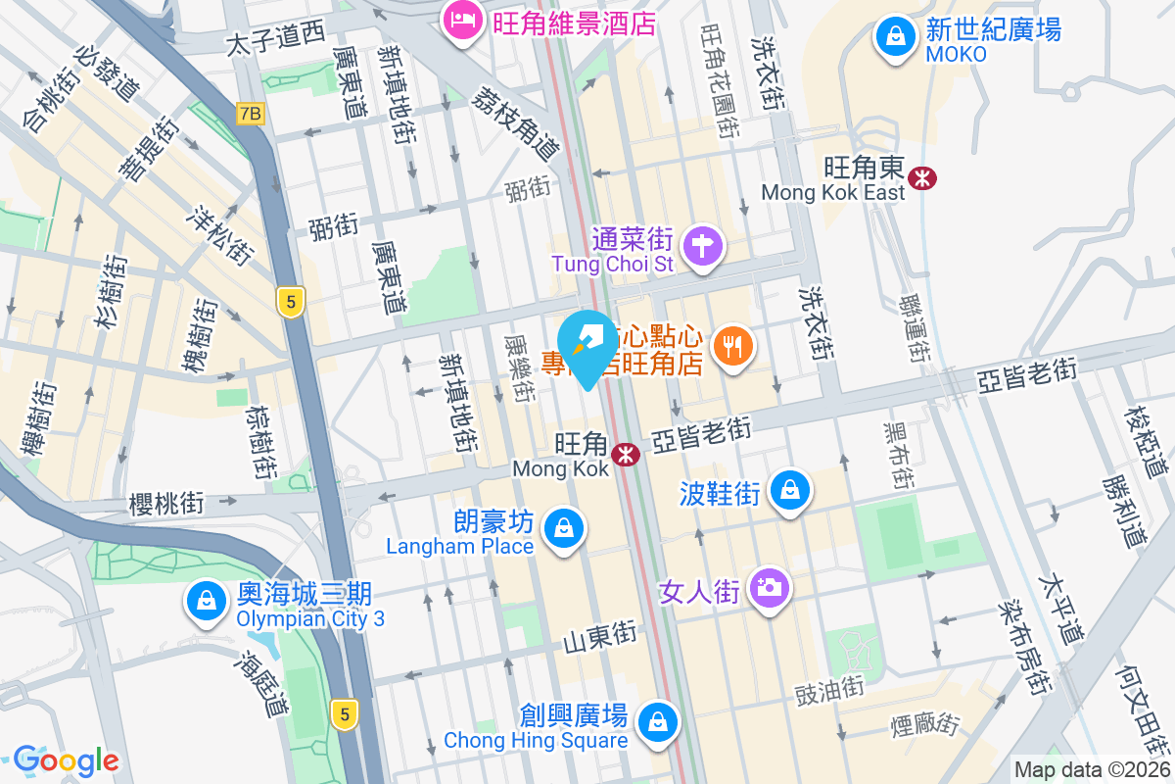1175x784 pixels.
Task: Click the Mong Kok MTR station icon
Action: pos(626,454)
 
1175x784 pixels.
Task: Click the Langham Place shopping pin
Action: pos(564,529)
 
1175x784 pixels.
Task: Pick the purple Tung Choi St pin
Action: pos(703,245)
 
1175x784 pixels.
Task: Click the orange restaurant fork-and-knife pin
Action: pos(733,346)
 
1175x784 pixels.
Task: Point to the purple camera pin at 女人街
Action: pos(770,588)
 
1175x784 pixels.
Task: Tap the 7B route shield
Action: pos(250,114)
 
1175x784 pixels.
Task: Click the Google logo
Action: pos(66,759)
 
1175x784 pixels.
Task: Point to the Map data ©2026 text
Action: pos(1091,770)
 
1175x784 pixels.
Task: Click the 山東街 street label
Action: pos(599,637)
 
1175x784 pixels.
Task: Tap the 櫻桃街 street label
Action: pos(166,504)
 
